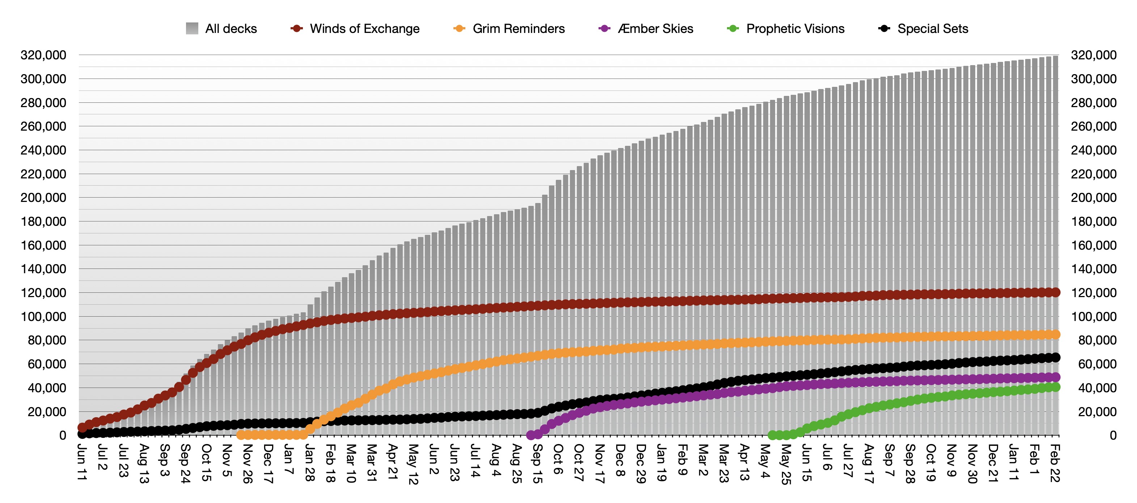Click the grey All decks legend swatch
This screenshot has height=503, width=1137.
(192, 29)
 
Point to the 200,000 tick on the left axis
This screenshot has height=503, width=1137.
(43, 198)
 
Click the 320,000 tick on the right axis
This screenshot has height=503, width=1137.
(1093, 55)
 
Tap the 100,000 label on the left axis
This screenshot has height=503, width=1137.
(43, 316)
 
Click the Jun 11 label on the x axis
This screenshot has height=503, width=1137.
(82, 462)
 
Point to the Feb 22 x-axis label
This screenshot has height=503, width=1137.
(1054, 463)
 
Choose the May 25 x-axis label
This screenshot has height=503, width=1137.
(786, 464)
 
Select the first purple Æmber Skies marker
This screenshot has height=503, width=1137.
(531, 435)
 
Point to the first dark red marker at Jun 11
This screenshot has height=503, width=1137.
(82, 427)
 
